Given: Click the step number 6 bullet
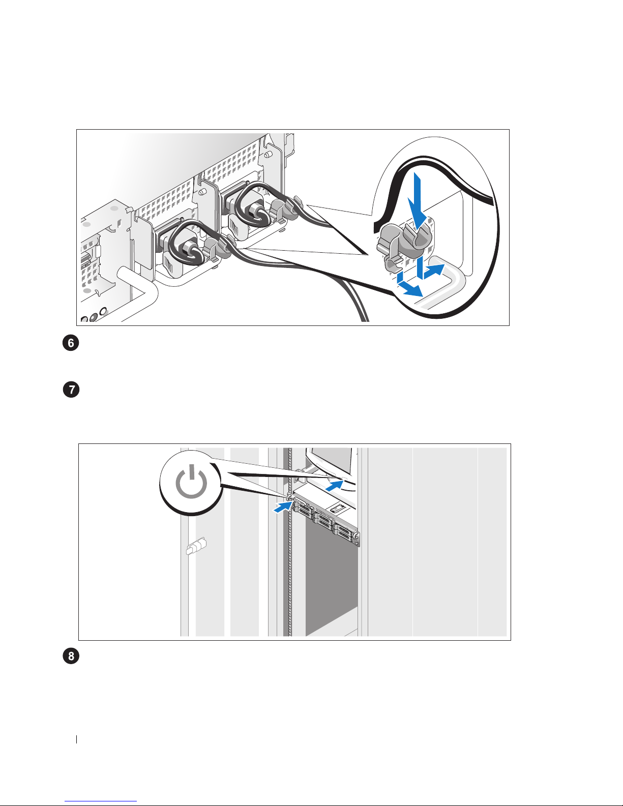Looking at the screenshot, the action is [x=71, y=343].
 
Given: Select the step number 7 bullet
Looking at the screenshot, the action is [x=71, y=391].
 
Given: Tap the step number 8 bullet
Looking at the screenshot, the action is [x=71, y=656].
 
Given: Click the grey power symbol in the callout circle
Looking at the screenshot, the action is [x=191, y=484].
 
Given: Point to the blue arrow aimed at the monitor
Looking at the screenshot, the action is [x=333, y=485].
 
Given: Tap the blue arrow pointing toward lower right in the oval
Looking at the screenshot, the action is [x=409, y=285].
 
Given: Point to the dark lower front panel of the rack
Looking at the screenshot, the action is [x=331, y=585].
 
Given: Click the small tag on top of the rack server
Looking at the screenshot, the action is [x=338, y=508].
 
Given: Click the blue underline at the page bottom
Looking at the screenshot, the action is [x=101, y=801].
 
